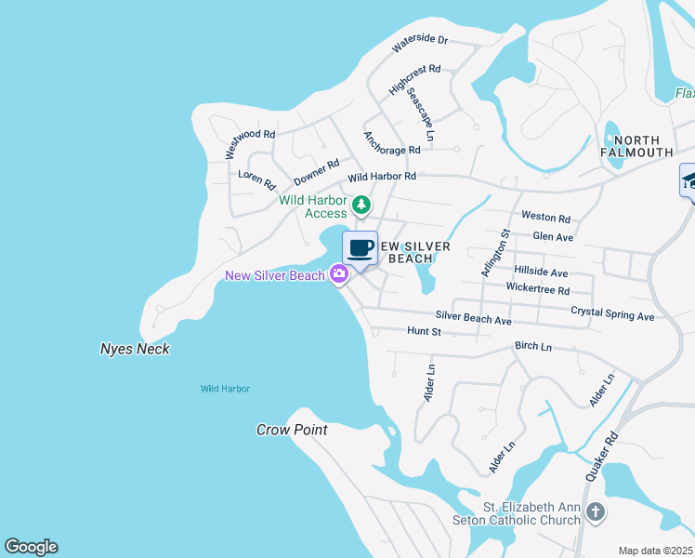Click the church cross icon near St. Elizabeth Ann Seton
coord(595,512)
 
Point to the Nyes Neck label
coord(135,350)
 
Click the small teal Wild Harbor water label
coord(225,389)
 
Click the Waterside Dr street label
coord(419,43)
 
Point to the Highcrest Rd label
coord(414,80)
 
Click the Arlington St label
coord(495,252)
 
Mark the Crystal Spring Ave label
coord(612,315)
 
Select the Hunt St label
coord(424,331)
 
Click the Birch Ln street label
coord(533,347)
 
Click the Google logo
coord(31,547)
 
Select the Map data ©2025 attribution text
coord(655,551)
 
